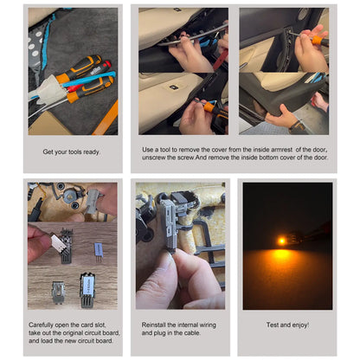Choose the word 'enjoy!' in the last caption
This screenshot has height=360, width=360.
pos(298,325)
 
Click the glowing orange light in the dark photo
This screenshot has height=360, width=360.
pos(282,240)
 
